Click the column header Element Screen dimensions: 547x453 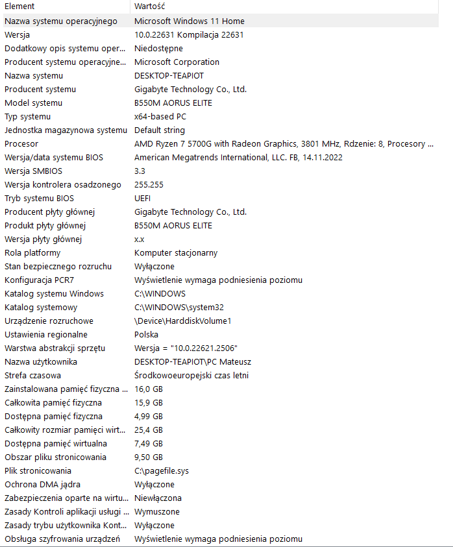19,6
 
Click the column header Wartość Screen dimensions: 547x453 149,6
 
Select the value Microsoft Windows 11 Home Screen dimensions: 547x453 189,21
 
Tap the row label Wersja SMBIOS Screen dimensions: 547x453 33,171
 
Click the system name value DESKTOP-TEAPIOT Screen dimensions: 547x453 169,75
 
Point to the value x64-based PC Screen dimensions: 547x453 160,116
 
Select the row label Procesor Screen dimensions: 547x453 21,143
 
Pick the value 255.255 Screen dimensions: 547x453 149,184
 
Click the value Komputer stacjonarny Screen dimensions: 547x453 175,252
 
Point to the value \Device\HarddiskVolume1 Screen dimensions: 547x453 182,321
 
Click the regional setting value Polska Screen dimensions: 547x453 146,334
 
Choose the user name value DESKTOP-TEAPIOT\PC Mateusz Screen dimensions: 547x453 192,361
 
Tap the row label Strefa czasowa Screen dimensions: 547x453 33,375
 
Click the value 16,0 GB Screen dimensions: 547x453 149,389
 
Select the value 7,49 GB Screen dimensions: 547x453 149,443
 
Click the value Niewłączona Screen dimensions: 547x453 158,498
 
